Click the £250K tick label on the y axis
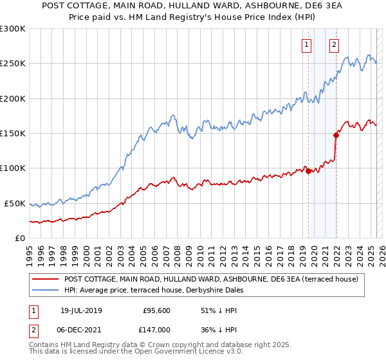coord(12,64)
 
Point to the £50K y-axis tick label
coord(15,203)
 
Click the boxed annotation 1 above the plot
coord(306,45)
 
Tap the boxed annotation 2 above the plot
coord(334,45)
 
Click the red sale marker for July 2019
coord(308,171)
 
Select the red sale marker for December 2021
coord(336,135)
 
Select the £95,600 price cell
coord(155,310)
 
